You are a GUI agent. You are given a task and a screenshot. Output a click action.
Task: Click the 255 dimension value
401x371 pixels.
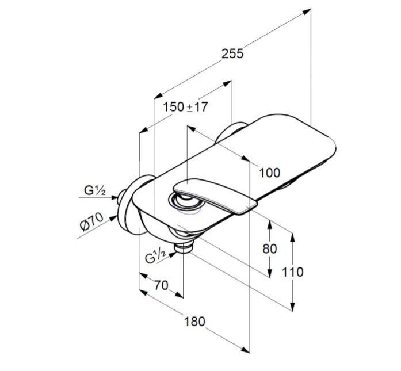(232, 53)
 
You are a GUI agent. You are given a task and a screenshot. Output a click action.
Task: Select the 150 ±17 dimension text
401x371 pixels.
(185, 106)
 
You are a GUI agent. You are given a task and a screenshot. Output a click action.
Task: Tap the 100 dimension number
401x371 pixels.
(270, 173)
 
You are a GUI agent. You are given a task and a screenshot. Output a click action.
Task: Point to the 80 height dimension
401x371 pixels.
(270, 248)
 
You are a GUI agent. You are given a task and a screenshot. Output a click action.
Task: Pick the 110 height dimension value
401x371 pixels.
(293, 272)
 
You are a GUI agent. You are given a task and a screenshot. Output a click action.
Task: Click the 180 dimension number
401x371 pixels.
(194, 322)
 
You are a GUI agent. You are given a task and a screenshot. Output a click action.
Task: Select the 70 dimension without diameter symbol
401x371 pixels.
(161, 285)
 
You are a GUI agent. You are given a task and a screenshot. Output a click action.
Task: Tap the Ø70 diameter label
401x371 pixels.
(91, 221)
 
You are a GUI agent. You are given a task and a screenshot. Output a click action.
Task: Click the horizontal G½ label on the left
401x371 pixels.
(95, 190)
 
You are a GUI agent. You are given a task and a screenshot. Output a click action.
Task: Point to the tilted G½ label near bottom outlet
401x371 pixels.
(156, 256)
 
